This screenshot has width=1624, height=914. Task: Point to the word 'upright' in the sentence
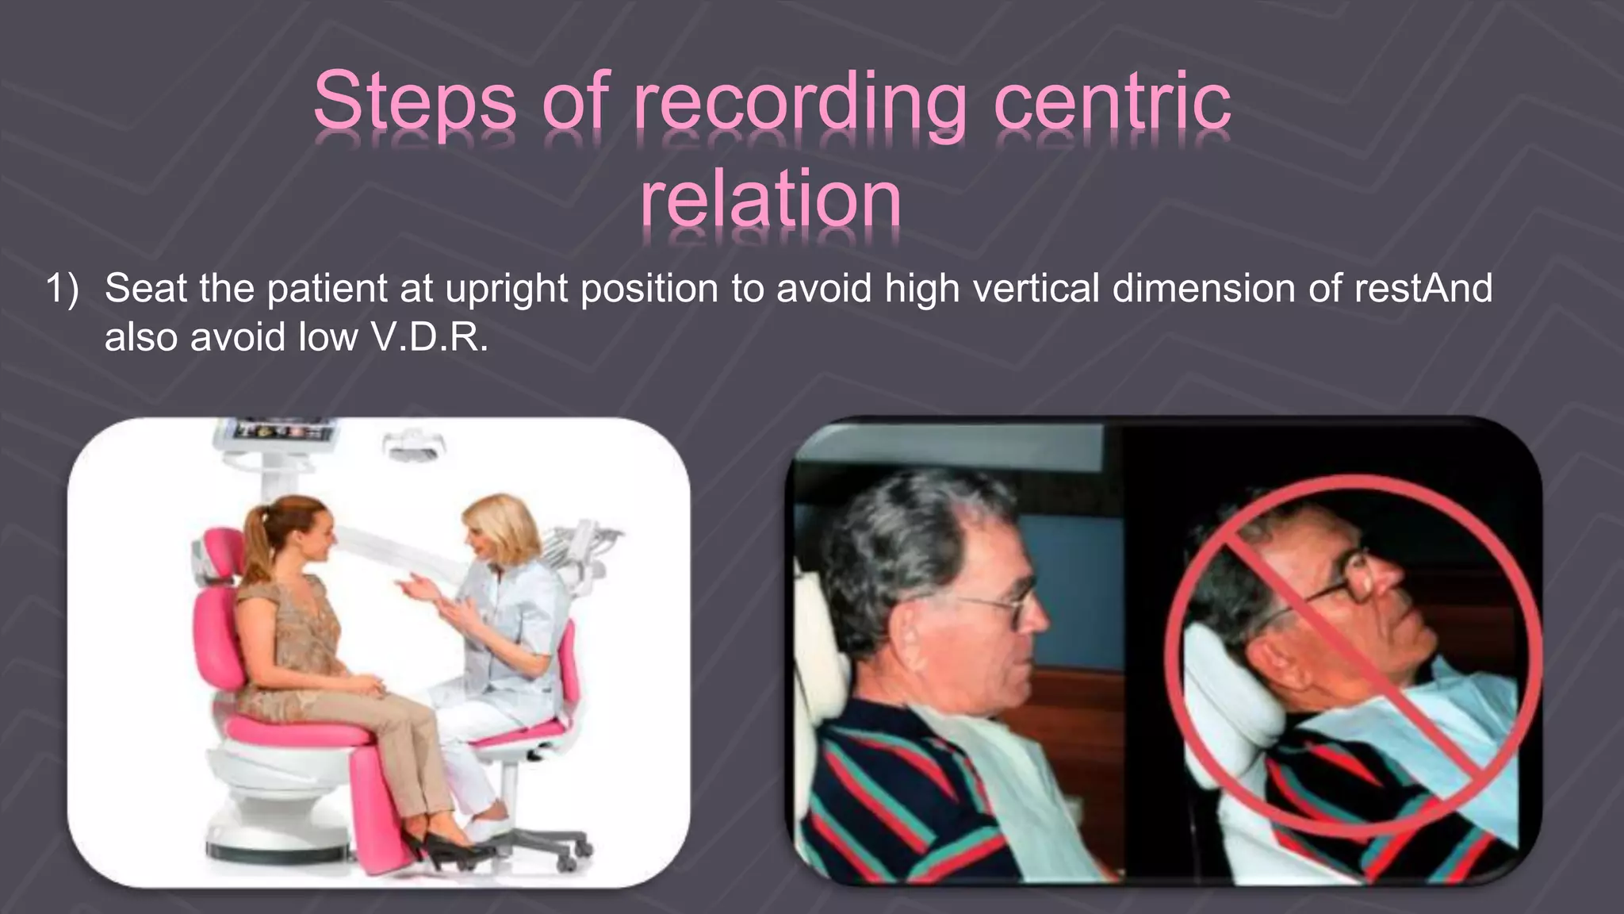click(505, 289)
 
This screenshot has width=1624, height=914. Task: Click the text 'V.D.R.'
click(429, 338)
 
